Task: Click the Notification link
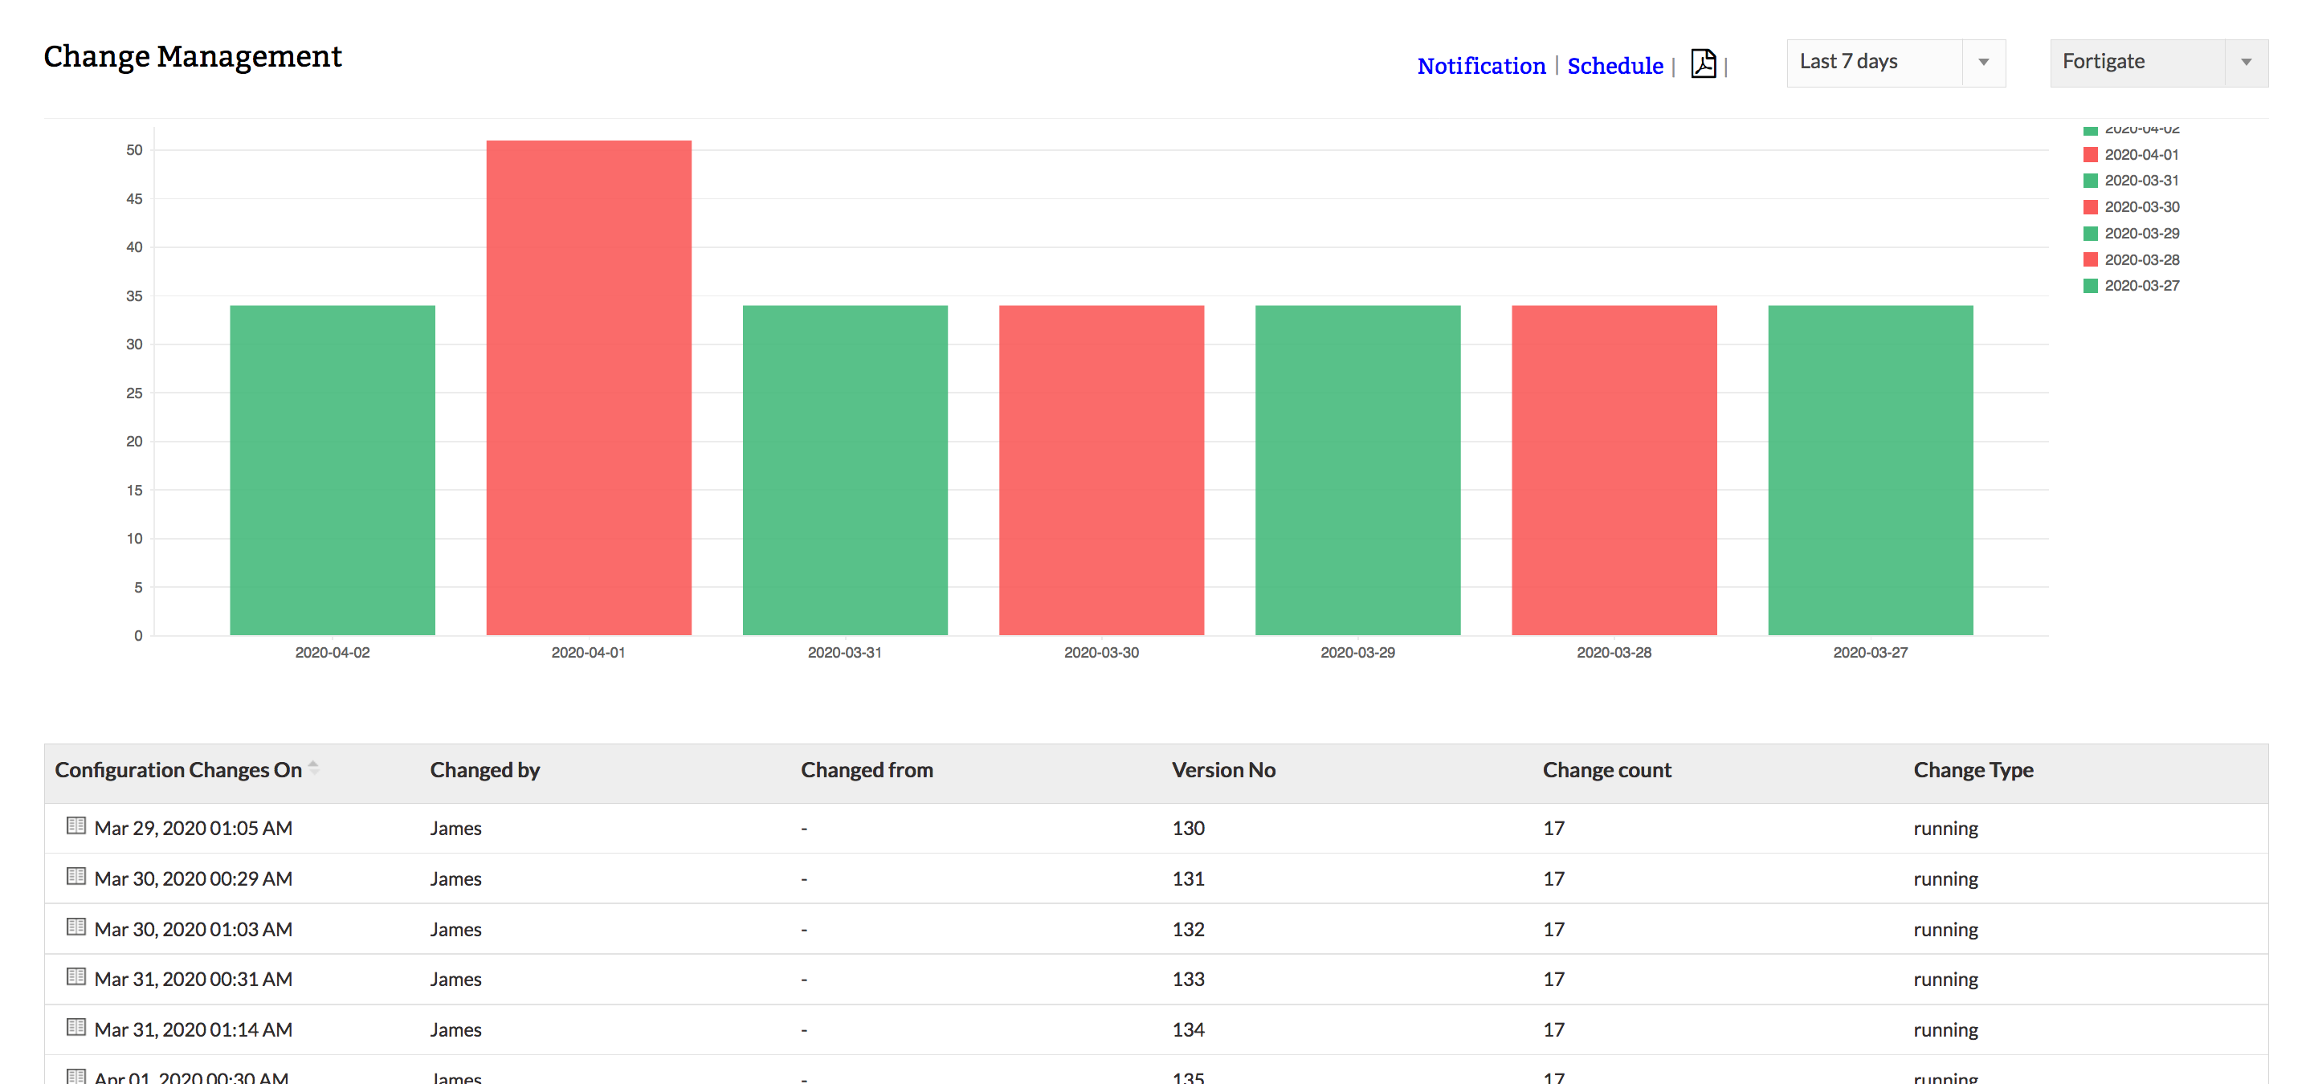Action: tap(1480, 66)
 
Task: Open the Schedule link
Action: tap(1614, 66)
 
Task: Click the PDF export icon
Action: tap(1703, 63)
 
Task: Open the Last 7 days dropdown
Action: tap(1895, 62)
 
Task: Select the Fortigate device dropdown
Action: tap(2157, 62)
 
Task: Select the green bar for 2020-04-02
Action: tap(332, 470)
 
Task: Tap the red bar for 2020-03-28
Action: tap(1614, 470)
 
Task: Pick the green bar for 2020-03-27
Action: tap(1870, 470)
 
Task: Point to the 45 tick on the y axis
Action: tap(133, 198)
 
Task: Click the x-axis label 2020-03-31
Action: tap(844, 653)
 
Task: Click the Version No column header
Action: tap(1223, 770)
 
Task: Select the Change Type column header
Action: tap(1973, 770)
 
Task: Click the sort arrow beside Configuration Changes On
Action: tap(313, 768)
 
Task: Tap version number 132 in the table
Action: tap(1187, 929)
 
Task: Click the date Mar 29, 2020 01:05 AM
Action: tap(193, 829)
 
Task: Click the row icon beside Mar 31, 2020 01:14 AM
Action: tap(76, 1027)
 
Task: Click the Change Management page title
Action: tap(193, 56)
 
